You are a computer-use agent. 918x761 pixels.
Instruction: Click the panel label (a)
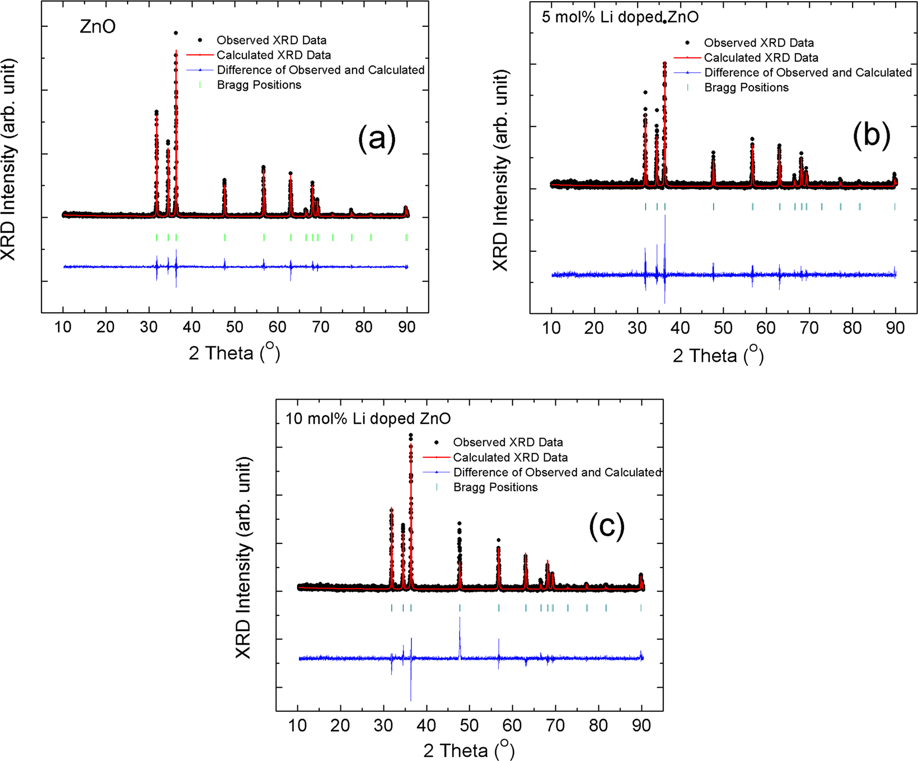tap(377, 138)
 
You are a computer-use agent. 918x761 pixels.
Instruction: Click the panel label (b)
tap(871, 135)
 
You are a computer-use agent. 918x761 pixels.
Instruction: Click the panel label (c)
tap(606, 526)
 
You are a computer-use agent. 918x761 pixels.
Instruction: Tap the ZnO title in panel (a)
tap(97, 26)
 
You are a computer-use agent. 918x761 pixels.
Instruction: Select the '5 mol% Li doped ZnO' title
tap(620, 17)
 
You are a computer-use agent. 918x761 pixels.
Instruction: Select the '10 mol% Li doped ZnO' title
tap(368, 419)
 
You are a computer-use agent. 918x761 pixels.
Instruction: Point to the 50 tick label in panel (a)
tap(235, 327)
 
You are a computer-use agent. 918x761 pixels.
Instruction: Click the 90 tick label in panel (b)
tap(895, 328)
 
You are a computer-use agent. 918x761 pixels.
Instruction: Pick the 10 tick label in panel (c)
tap(297, 726)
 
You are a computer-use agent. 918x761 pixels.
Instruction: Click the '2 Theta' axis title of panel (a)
tap(234, 353)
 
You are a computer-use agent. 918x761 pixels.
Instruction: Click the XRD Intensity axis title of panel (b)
tap(500, 171)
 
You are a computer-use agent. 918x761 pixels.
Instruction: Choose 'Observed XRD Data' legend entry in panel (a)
tap(271, 40)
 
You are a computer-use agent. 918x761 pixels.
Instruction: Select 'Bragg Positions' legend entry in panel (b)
tap(746, 87)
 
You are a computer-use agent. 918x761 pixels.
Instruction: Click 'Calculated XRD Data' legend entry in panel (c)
tap(510, 457)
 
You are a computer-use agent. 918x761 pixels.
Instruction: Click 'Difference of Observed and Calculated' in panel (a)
tap(320, 70)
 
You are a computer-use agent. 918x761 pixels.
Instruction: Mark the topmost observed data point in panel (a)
tap(176, 33)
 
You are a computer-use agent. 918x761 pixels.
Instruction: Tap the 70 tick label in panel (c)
tap(555, 726)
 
